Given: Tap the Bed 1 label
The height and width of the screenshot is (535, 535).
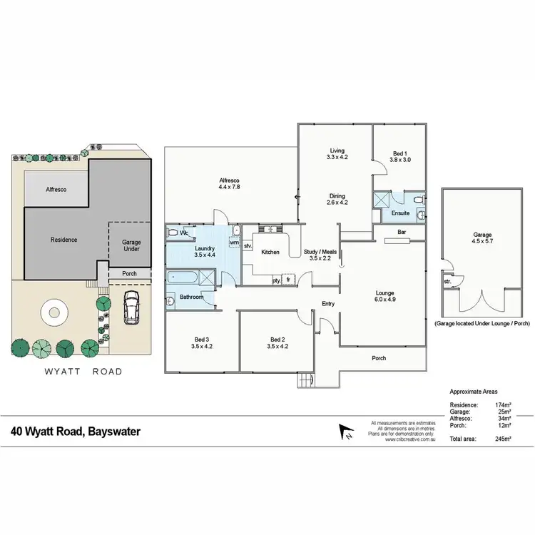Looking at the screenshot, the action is pyautogui.click(x=399, y=156).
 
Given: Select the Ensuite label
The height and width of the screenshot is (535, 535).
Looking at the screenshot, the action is pyautogui.click(x=401, y=213).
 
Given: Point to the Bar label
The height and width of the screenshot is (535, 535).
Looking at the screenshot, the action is pyautogui.click(x=401, y=232).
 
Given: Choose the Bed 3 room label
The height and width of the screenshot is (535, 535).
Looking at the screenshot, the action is pyautogui.click(x=202, y=342).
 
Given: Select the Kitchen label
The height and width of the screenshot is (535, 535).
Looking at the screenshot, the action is pyautogui.click(x=270, y=253).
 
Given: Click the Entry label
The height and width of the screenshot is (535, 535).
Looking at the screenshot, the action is pyautogui.click(x=328, y=305).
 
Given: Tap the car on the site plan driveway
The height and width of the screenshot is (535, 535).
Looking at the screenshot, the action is pyautogui.click(x=131, y=307).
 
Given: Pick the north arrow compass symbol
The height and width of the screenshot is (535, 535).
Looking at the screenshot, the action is pyautogui.click(x=346, y=432).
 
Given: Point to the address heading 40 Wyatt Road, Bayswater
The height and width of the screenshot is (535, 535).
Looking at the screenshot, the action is pyautogui.click(x=86, y=432).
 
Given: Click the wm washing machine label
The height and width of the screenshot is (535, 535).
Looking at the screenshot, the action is pyautogui.click(x=233, y=243).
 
